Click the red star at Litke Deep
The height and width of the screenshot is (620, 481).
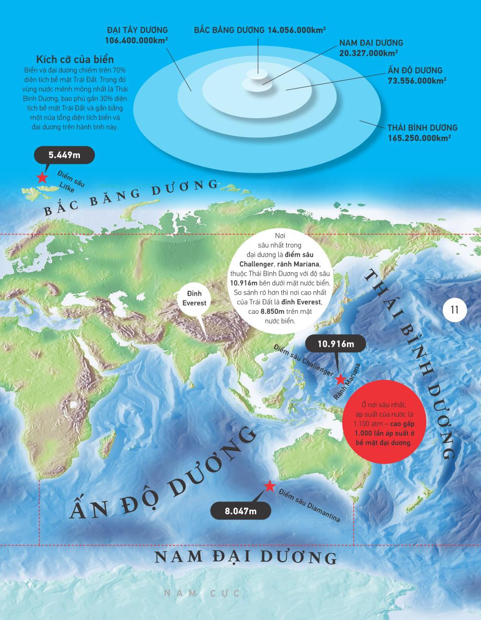coord(42,178)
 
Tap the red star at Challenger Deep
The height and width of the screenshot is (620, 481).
coord(340,379)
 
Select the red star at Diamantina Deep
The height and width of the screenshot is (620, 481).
coord(269,487)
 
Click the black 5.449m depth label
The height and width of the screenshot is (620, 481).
coord(64,155)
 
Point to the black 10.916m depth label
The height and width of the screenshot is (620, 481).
coord(336,344)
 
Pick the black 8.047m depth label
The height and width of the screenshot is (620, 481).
coord(241,511)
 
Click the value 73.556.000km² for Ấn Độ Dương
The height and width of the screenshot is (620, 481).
coord(417,80)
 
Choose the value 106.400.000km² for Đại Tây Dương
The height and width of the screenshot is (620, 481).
coord(136,41)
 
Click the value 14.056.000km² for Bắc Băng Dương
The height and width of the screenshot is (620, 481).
coord(297,30)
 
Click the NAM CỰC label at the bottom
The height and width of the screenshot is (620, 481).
coord(201,593)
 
